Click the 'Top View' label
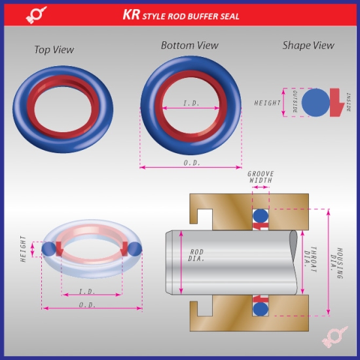tap(54, 50)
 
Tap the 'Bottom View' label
tap(190, 45)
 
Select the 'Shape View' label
tap(308, 45)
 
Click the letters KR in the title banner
tap(132, 13)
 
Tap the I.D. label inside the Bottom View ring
tap(191, 103)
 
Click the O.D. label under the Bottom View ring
tap(192, 162)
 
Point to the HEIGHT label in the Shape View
tap(267, 103)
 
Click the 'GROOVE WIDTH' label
tap(260, 177)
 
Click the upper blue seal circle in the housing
tap(261, 215)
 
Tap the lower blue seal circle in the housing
tap(261, 307)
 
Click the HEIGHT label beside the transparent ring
tap(24, 249)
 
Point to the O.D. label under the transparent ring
tap(88, 305)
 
